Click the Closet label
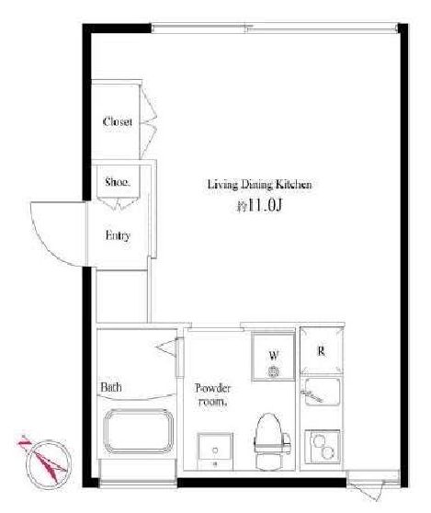(x=117, y=121)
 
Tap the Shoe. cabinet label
(x=118, y=182)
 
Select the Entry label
(x=118, y=235)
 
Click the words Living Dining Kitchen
(x=260, y=185)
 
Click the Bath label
(x=111, y=387)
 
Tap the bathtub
(x=139, y=431)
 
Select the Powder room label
(x=212, y=394)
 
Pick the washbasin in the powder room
(x=215, y=450)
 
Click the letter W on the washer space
(x=274, y=355)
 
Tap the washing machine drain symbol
(x=273, y=371)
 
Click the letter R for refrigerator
(x=321, y=351)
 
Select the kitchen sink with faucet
(x=322, y=392)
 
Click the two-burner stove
(x=323, y=446)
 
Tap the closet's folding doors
(x=148, y=121)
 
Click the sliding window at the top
(x=275, y=28)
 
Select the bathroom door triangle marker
(x=166, y=347)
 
